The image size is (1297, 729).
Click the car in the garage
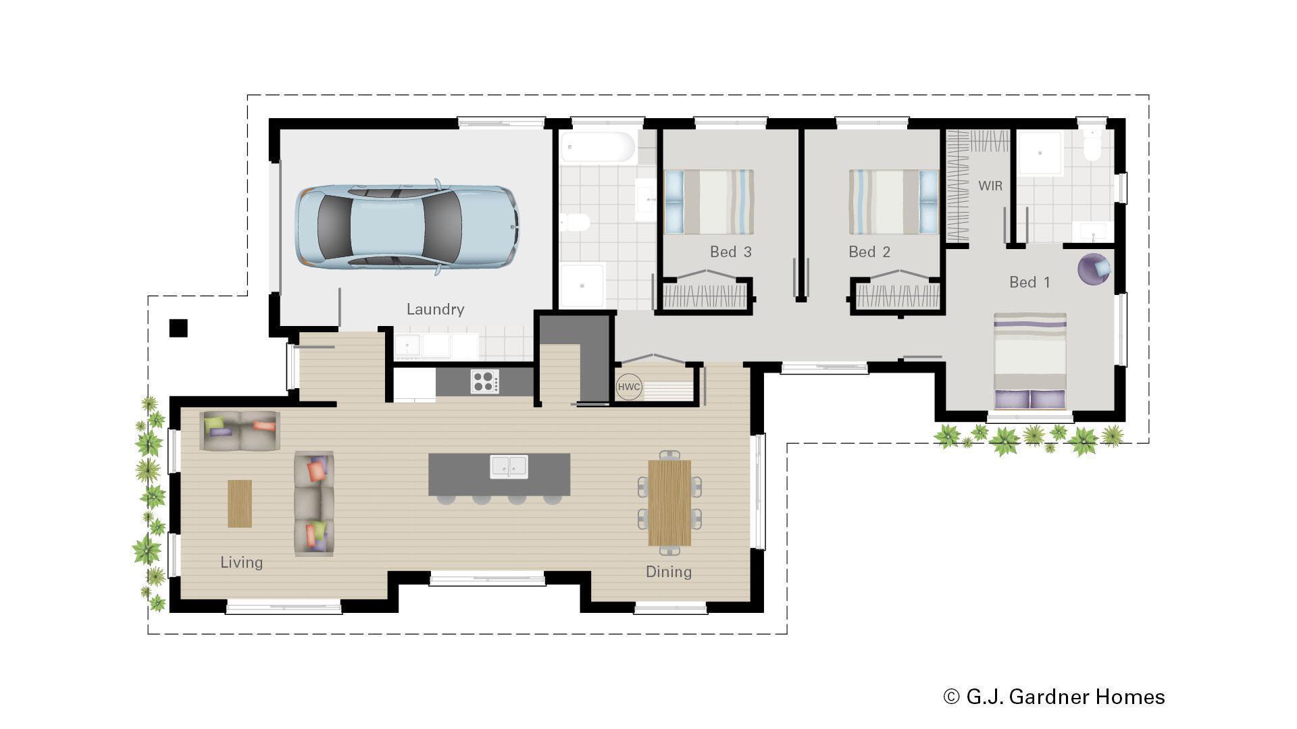[407, 227]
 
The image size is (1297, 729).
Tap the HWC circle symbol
[628, 387]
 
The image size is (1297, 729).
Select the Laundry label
[435, 309]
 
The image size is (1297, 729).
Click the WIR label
[990, 186]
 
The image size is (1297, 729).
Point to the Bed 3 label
[730, 252]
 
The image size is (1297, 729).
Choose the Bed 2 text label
[869, 252]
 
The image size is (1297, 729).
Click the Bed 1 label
[1029, 282]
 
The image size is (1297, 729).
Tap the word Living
[241, 562]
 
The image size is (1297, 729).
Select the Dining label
[668, 572]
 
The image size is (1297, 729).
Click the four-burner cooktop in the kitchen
[485, 381]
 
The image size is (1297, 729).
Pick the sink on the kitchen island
[509, 466]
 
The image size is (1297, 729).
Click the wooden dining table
[669, 503]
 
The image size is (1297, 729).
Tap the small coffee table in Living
[239, 504]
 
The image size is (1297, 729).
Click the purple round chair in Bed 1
[1093, 269]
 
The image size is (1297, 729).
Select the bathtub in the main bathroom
[598, 147]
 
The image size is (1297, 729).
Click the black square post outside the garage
[178, 328]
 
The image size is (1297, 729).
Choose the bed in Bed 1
[1029, 361]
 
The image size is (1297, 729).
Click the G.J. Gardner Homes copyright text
[1054, 697]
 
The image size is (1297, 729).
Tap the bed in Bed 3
[709, 202]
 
